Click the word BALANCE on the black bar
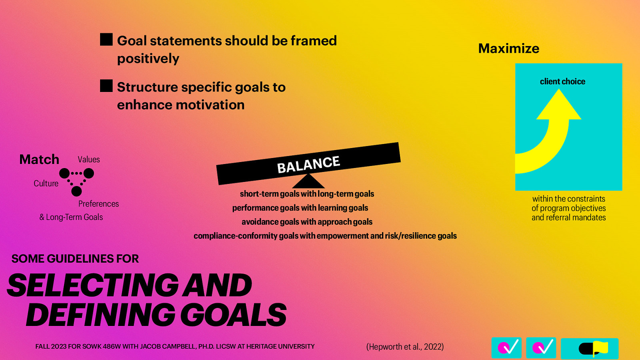308,164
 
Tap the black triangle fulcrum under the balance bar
308,182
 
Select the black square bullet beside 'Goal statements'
106,39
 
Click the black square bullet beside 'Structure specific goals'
106,86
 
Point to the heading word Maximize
508,48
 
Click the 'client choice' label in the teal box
562,82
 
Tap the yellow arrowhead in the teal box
559,106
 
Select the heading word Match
39,159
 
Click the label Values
89,159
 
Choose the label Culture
46,183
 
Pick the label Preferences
98,204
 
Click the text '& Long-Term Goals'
71,217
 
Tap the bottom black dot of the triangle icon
76,191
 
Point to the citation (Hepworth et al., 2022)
405,346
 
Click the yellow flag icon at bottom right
600,348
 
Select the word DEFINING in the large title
100,315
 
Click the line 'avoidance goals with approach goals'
307,222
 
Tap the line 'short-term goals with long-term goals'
307,194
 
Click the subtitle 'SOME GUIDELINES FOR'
75,259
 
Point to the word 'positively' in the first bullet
148,58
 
